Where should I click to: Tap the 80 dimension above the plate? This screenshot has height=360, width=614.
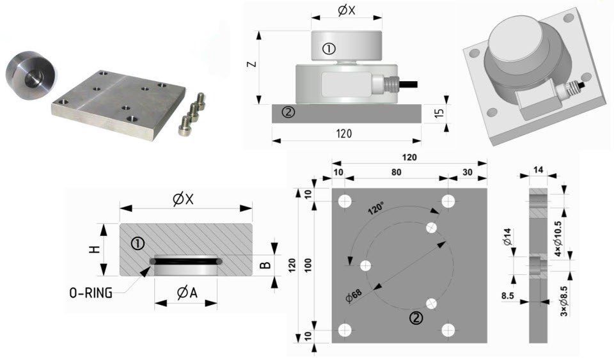pyautogui.click(x=397, y=172)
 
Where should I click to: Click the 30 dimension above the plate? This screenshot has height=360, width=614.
pyautogui.click(x=468, y=172)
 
